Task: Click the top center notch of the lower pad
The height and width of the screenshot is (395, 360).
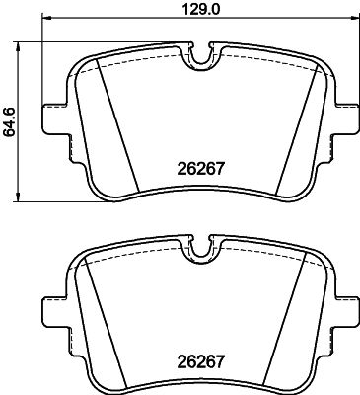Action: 203,251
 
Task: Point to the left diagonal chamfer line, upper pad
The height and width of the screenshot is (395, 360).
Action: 117,132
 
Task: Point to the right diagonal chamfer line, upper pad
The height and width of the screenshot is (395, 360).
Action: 292,132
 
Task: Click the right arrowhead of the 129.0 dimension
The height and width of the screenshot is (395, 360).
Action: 355,22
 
